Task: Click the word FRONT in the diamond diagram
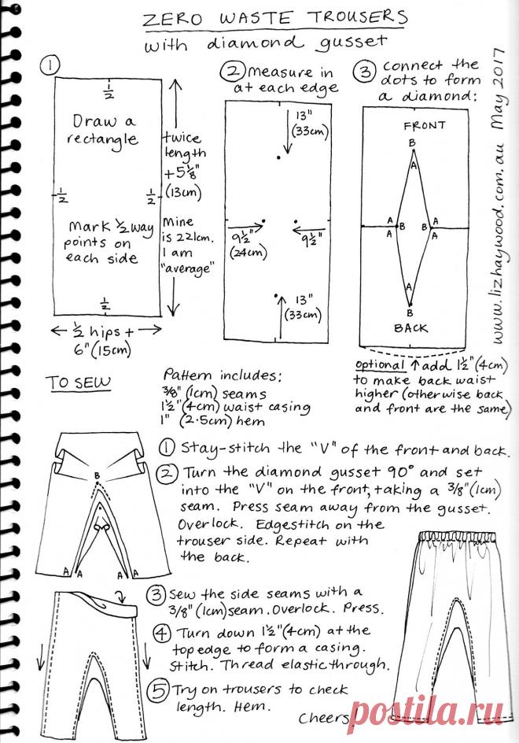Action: click(424, 125)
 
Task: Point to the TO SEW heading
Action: click(78, 383)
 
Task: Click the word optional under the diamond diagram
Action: click(381, 365)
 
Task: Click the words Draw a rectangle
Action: click(105, 131)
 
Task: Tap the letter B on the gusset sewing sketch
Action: click(96, 476)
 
